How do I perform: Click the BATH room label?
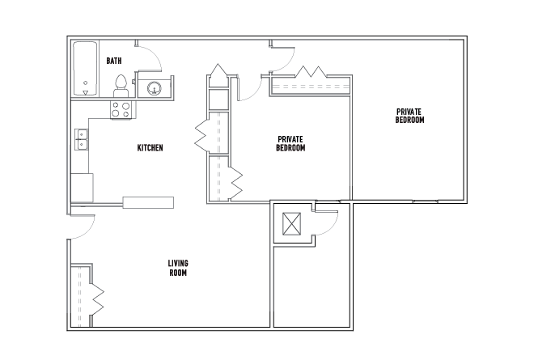click(x=114, y=61)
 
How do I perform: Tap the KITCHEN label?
click(x=150, y=148)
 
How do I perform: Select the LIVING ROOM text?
click(x=178, y=268)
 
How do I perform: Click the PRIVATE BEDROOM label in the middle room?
click(x=290, y=143)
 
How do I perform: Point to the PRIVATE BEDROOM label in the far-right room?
click(x=409, y=116)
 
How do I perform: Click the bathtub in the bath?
click(x=85, y=69)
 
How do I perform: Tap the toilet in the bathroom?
click(x=121, y=87)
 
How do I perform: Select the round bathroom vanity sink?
click(x=155, y=88)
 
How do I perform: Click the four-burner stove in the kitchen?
click(x=121, y=110)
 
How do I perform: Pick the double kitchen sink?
click(x=82, y=139)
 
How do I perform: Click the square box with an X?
click(x=292, y=224)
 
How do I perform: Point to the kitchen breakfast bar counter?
click(x=148, y=202)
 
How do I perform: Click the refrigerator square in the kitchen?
click(x=82, y=188)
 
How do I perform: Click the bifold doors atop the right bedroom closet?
click(x=311, y=72)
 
